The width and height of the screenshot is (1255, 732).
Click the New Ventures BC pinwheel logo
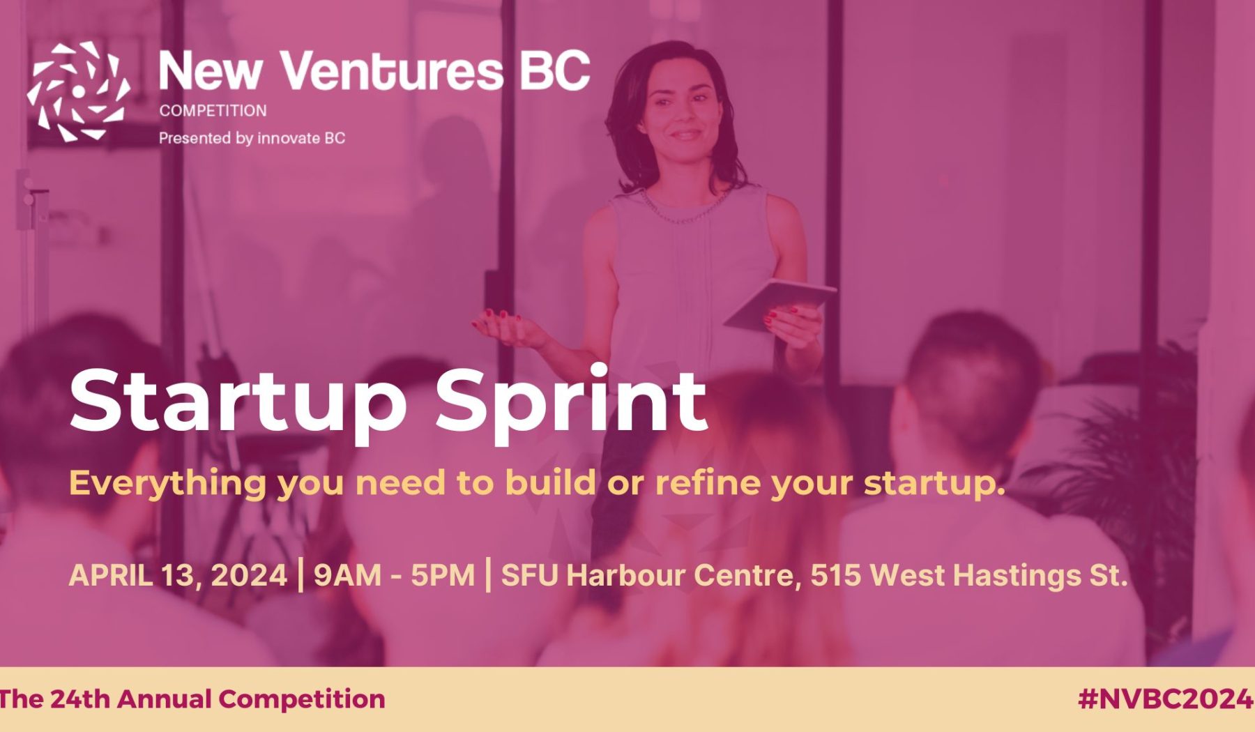(x=78, y=91)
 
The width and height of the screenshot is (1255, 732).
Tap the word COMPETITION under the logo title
(x=213, y=111)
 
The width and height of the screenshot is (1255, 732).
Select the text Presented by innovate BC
(x=252, y=138)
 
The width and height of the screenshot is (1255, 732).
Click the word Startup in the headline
(x=238, y=402)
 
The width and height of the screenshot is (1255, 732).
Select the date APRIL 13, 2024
(x=178, y=576)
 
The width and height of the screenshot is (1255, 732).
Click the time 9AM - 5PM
(x=394, y=576)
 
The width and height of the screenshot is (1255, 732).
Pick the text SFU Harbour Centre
(x=648, y=576)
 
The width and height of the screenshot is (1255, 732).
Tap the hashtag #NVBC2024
(x=1165, y=699)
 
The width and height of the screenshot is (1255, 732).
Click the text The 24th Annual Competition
(x=192, y=699)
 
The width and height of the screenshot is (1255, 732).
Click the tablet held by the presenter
(x=779, y=304)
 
